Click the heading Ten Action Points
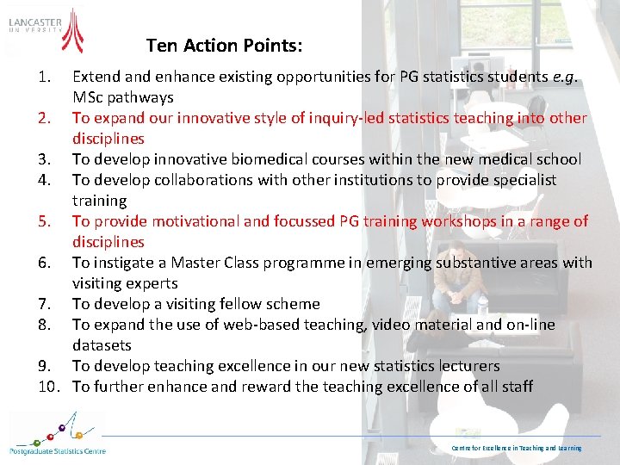click(224, 45)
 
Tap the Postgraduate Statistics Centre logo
click(57, 434)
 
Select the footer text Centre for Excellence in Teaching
click(517, 448)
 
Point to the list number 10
click(48, 387)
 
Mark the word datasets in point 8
click(102, 345)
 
